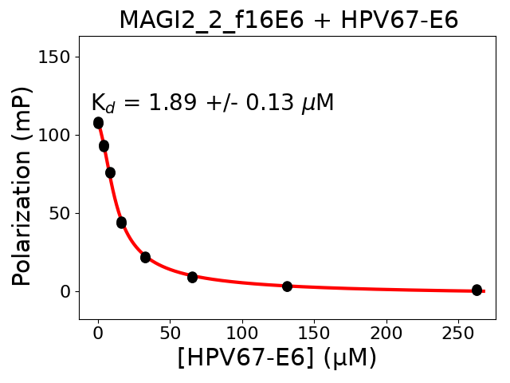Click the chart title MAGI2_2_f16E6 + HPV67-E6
(288, 20)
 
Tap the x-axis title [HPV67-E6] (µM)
(277, 357)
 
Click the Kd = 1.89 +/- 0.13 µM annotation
(212, 103)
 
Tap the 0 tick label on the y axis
(65, 291)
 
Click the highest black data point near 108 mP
(98, 123)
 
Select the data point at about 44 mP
(121, 223)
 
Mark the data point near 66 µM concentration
(192, 277)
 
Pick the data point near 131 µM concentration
(287, 286)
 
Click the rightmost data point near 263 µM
(477, 290)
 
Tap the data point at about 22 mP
(145, 257)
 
